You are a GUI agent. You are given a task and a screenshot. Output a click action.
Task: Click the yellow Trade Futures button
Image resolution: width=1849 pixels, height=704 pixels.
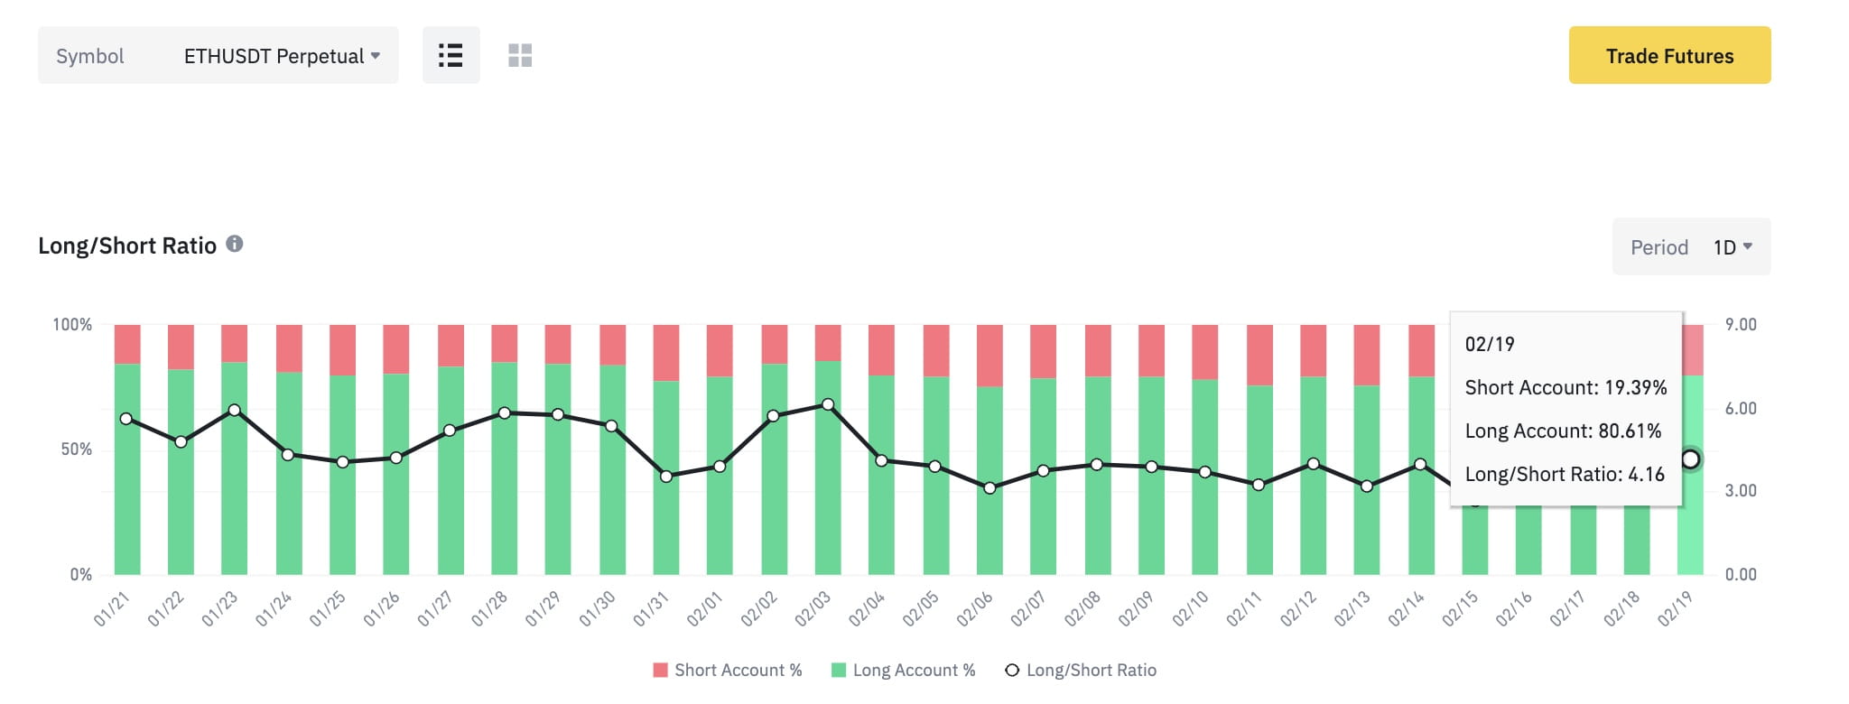(x=1669, y=55)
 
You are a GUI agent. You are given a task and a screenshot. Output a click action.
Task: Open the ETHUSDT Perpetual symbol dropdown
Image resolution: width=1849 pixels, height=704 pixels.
(x=281, y=56)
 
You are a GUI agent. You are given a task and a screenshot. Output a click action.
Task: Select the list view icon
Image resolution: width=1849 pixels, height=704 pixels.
(x=451, y=55)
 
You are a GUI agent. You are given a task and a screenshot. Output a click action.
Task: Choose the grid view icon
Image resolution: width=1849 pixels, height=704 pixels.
(x=520, y=55)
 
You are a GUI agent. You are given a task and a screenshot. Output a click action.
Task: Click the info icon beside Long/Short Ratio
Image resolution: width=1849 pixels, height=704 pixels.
(x=235, y=244)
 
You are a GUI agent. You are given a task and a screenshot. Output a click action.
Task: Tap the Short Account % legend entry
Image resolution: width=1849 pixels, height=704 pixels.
(x=728, y=670)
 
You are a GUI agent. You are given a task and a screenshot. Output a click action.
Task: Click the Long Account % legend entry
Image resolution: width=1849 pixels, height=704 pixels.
(x=903, y=670)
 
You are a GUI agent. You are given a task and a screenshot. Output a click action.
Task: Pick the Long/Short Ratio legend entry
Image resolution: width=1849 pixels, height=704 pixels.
(x=1081, y=670)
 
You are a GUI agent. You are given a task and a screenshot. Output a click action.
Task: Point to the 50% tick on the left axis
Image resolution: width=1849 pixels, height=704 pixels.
(x=76, y=449)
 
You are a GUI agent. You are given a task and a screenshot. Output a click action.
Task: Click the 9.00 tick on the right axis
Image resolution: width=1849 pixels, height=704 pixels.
(x=1741, y=324)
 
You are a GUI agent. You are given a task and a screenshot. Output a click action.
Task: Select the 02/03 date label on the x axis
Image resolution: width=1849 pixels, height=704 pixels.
(x=813, y=609)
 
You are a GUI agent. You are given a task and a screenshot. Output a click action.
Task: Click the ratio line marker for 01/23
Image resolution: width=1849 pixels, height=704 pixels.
(x=235, y=410)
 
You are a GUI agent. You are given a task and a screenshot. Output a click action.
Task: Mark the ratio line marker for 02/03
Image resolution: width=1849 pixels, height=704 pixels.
(x=828, y=404)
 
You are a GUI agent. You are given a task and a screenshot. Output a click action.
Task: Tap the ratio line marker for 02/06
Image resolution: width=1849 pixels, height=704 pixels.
(x=990, y=488)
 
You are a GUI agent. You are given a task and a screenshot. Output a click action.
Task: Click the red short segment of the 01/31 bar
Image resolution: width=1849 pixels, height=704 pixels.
(x=666, y=353)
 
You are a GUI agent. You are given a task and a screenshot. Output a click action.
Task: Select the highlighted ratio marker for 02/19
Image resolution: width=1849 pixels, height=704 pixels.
(x=1690, y=459)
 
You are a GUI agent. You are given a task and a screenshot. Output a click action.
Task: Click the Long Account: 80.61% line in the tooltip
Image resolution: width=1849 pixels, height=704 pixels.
(x=1563, y=431)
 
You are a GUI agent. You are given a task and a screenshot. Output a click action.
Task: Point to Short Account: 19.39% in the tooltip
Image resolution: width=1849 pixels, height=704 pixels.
(x=1566, y=387)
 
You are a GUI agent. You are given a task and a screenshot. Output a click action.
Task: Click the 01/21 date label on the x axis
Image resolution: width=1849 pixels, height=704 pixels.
(x=112, y=609)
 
